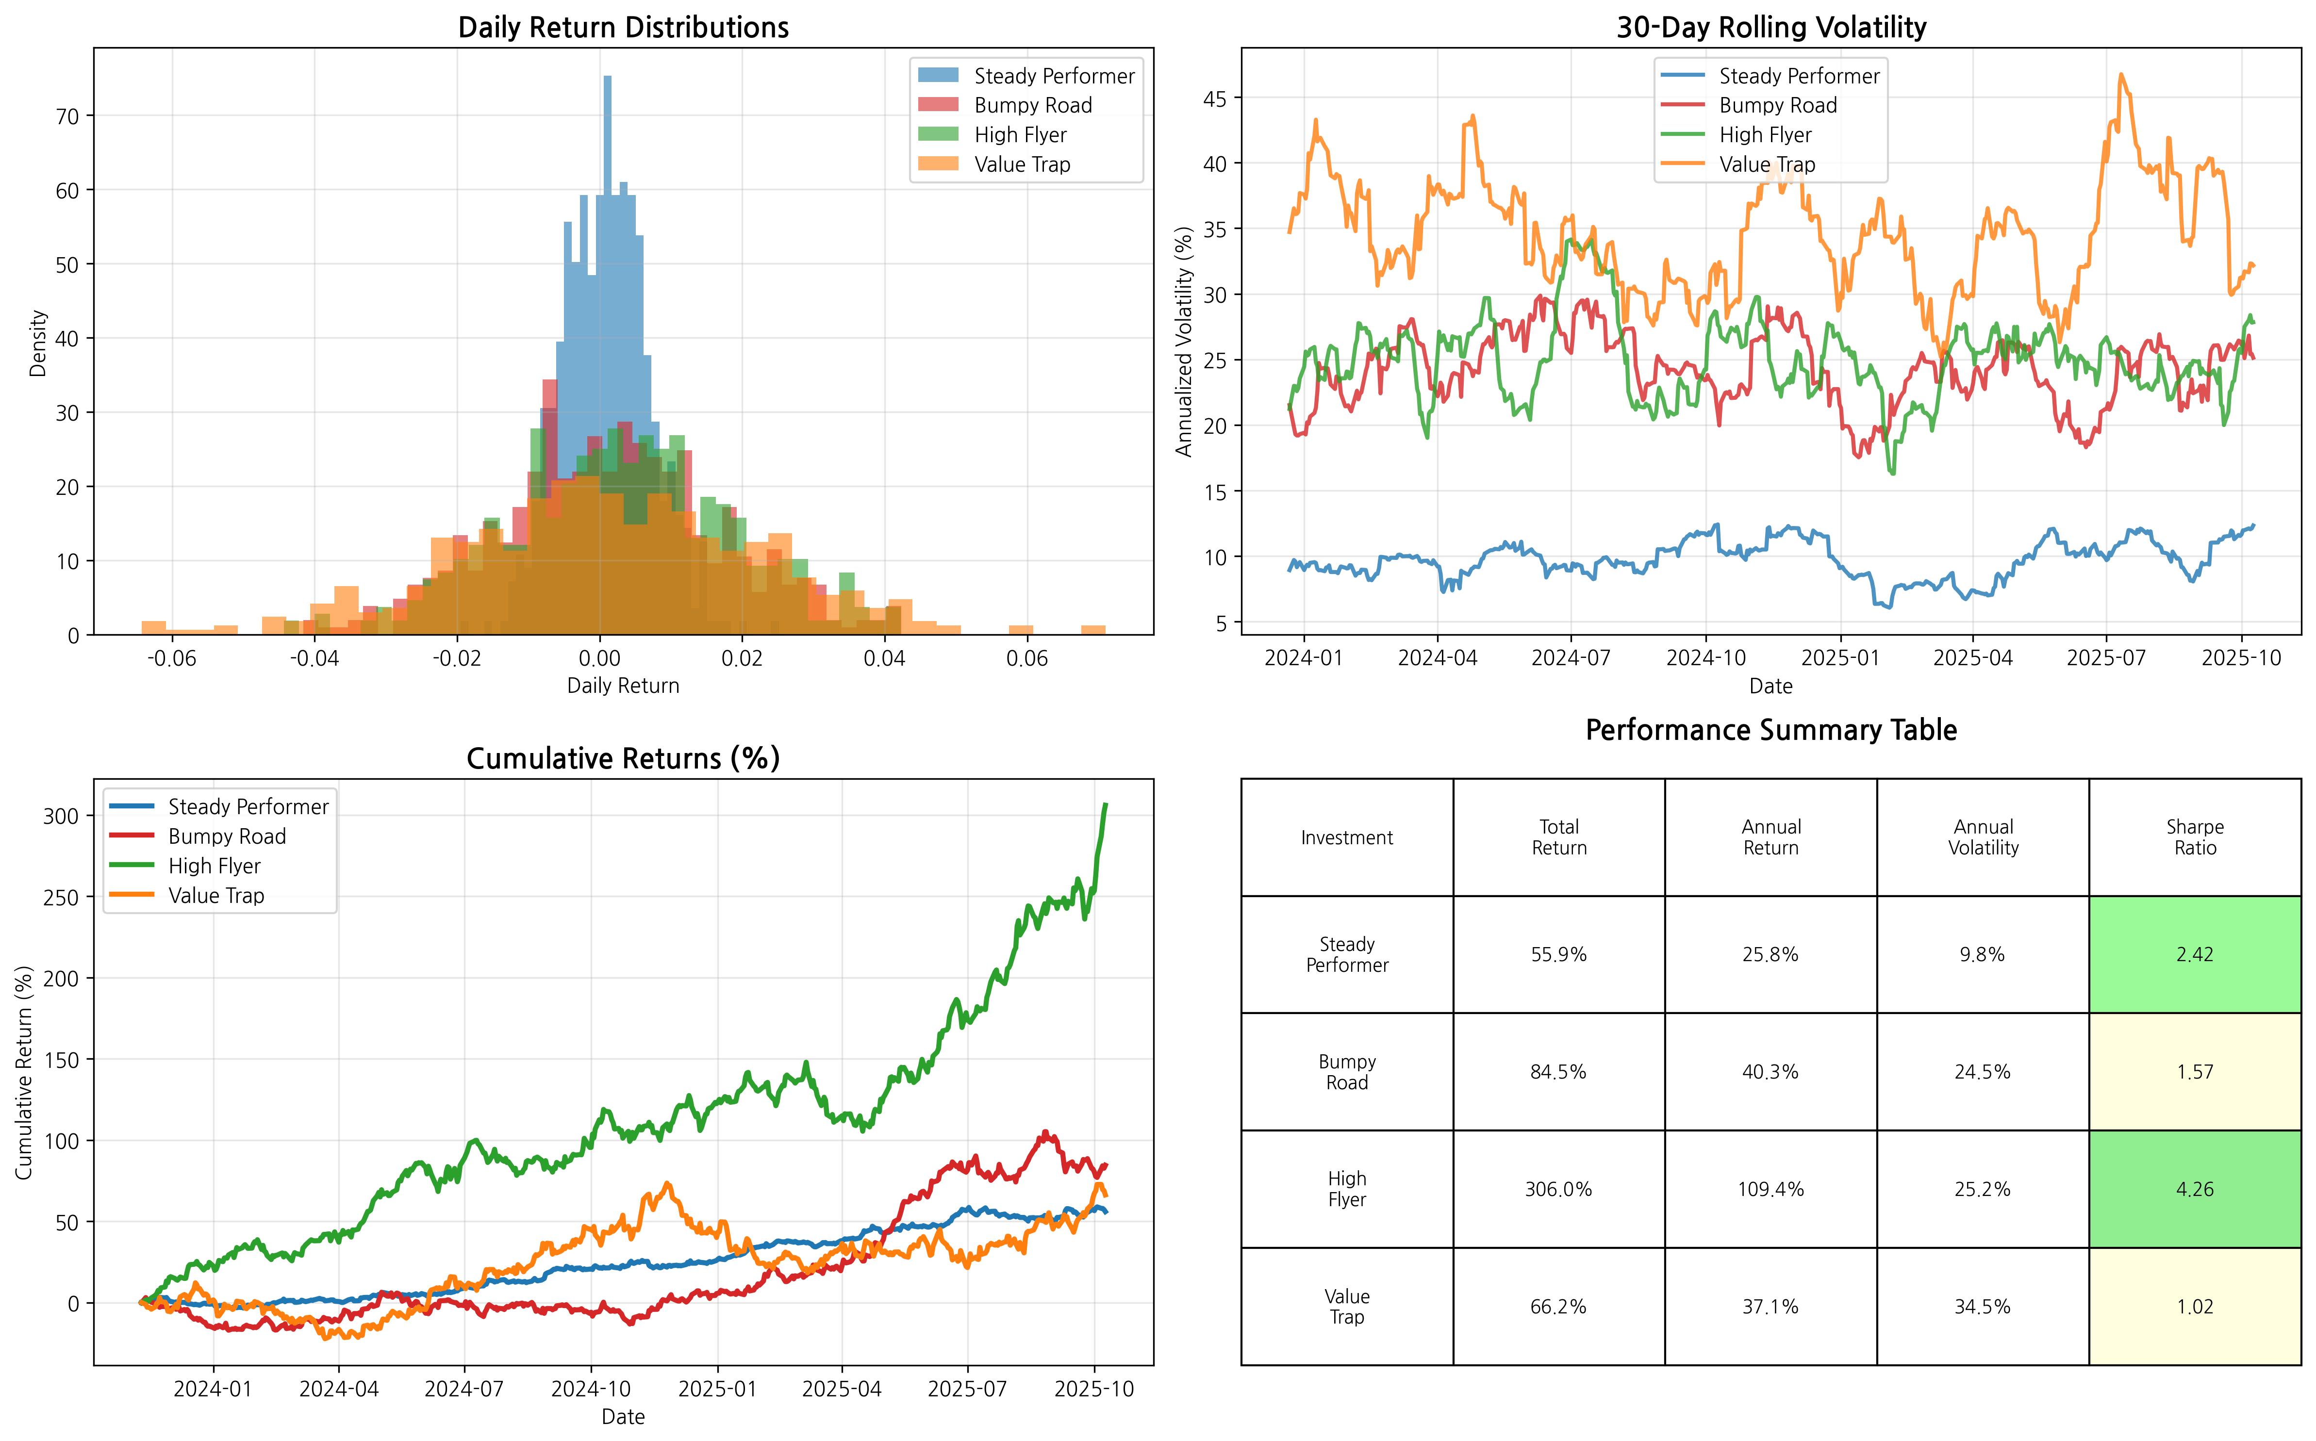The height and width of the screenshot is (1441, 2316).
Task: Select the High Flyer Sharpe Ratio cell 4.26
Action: (2194, 1189)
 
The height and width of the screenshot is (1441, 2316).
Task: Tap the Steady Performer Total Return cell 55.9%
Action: (1558, 955)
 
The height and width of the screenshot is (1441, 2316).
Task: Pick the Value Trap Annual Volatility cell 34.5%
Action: (1983, 1307)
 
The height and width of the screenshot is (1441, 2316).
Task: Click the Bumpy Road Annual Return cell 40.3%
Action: (1770, 1072)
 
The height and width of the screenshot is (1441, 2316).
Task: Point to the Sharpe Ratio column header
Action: (2194, 838)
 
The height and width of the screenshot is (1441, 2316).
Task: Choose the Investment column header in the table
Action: (1347, 838)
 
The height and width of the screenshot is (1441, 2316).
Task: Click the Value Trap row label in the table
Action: (1347, 1307)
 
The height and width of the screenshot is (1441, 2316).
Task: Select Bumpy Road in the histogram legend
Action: (1032, 106)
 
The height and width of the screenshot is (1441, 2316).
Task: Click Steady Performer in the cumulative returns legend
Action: (248, 807)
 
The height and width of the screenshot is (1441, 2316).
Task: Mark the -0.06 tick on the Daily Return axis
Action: (171, 658)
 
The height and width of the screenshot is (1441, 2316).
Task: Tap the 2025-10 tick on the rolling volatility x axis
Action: (2241, 658)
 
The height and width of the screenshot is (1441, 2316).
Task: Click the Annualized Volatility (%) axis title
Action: (1184, 341)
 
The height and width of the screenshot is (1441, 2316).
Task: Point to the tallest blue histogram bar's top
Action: (607, 78)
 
